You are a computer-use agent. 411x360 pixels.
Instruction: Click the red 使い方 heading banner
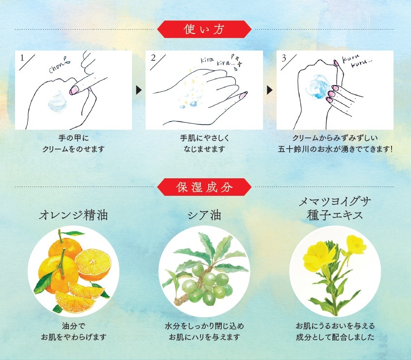click(204, 29)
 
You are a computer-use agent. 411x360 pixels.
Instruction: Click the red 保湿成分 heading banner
click(204, 187)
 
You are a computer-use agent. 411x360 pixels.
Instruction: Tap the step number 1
click(22, 58)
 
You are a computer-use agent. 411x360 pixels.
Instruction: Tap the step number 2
click(153, 58)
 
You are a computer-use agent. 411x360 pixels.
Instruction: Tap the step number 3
click(284, 58)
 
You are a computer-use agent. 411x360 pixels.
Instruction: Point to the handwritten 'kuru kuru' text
click(357, 61)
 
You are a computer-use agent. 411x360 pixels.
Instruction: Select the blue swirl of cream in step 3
click(318, 86)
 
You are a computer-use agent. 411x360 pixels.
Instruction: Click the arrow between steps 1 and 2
click(139, 90)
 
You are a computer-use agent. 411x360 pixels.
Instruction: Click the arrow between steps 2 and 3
click(269, 90)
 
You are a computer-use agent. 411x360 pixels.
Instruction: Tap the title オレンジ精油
click(73, 215)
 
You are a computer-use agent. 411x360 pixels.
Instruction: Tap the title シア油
click(204, 215)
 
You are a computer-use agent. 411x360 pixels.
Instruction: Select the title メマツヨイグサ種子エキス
click(335, 208)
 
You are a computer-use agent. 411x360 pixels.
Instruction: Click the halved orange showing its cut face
click(93, 264)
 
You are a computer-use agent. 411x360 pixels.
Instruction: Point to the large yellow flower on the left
click(319, 256)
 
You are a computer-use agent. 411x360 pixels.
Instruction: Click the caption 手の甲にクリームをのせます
click(73, 143)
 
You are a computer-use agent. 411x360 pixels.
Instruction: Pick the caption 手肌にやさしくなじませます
click(204, 143)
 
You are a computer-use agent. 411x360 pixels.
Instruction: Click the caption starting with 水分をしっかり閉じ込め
click(204, 331)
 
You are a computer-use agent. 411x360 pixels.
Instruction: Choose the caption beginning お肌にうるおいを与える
click(335, 331)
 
